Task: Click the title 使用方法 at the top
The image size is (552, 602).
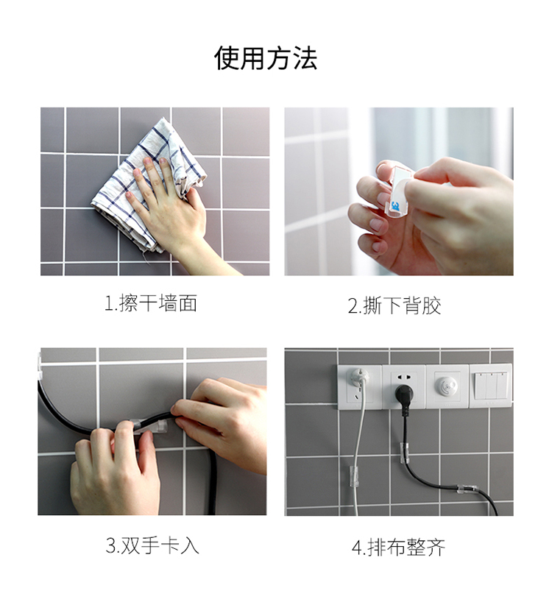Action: (266, 58)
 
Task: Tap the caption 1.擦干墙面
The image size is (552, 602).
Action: (151, 303)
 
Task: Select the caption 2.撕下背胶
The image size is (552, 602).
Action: (394, 305)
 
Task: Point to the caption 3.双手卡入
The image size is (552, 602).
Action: (152, 545)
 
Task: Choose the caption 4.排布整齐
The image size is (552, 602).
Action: (398, 548)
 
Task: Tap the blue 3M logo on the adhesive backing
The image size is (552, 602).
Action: (395, 207)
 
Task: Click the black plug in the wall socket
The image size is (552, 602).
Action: (404, 394)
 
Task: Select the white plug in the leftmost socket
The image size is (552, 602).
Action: (359, 378)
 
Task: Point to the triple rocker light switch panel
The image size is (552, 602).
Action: (491, 386)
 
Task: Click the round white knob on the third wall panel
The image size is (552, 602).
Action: (447, 384)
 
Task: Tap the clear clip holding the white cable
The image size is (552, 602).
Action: (353, 476)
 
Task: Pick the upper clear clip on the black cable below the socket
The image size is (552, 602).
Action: (404, 453)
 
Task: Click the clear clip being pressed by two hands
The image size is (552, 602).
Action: (149, 426)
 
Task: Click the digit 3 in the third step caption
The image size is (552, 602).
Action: (110, 546)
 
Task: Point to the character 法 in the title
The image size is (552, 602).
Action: (305, 58)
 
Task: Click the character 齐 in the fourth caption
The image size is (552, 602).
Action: (436, 548)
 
